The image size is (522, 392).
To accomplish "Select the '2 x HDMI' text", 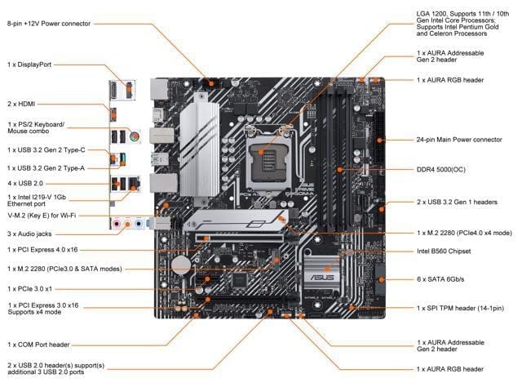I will (22, 104).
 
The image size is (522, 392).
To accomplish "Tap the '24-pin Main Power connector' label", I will (459, 140).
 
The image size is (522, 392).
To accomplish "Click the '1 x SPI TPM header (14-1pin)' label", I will (460, 308).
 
